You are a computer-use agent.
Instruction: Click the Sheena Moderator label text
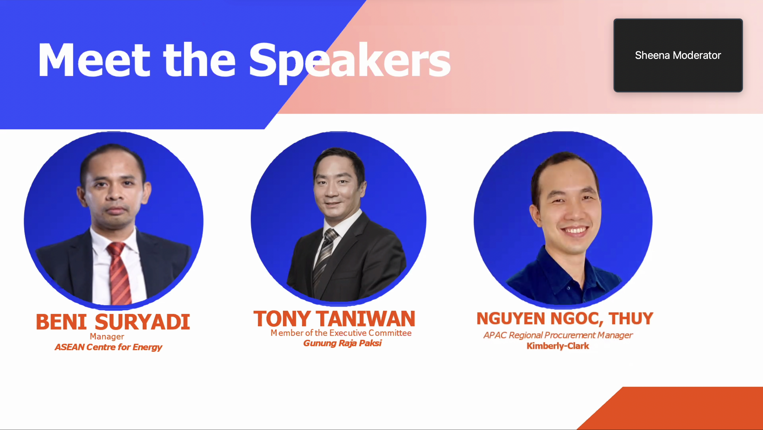[678, 55]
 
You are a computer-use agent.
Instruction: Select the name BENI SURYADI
[113, 322]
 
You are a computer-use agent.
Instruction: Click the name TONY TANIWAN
[334, 319]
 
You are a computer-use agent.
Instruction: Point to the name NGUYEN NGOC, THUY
[565, 319]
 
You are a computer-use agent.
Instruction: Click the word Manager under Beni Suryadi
[107, 337]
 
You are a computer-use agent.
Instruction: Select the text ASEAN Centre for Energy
[108, 347]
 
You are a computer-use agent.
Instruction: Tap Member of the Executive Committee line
[341, 333]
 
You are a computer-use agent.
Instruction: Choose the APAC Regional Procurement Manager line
[558, 335]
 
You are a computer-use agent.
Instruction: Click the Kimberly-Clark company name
[558, 346]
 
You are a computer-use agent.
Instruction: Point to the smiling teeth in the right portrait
[574, 230]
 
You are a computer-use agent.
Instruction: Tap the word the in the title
[199, 60]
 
